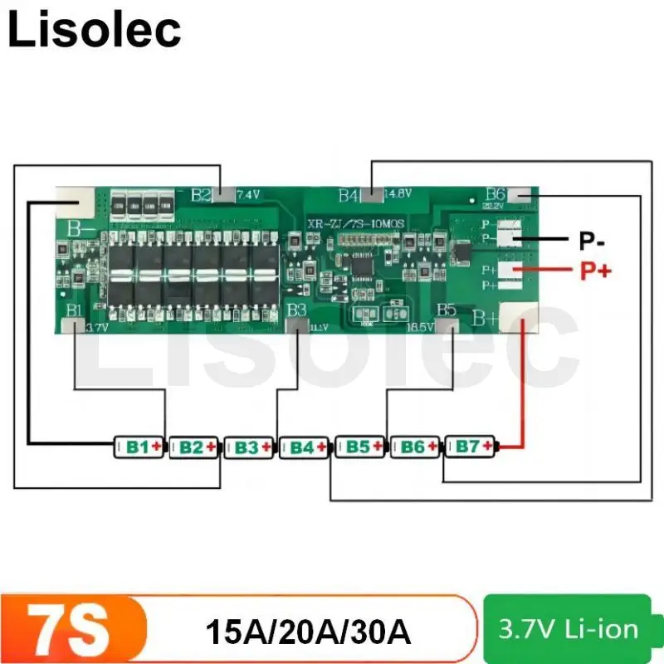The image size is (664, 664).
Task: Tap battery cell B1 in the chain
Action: pyautogui.click(x=139, y=447)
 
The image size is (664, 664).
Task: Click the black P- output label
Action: pyautogui.click(x=592, y=242)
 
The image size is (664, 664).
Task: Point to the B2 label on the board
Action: pyautogui.click(x=201, y=196)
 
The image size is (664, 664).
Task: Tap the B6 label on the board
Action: pyautogui.click(x=496, y=193)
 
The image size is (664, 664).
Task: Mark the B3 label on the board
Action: pyautogui.click(x=296, y=310)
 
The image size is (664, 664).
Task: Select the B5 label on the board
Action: pyautogui.click(x=447, y=310)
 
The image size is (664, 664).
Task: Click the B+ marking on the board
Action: pyautogui.click(x=484, y=317)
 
